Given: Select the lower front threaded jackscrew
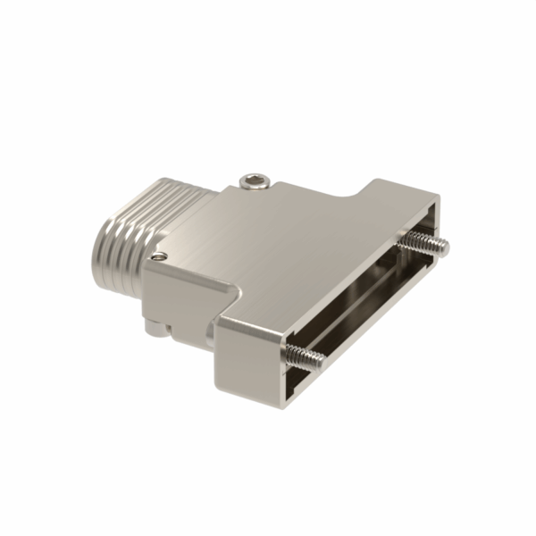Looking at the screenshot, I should pos(305,356).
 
